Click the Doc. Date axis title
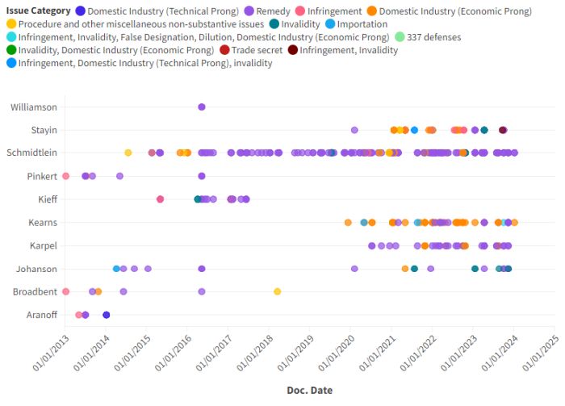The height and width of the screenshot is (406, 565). tap(309, 390)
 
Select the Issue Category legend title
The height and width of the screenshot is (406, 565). tap(36, 11)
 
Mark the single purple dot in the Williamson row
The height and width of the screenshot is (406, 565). tap(202, 107)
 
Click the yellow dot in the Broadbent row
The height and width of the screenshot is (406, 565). tap(277, 291)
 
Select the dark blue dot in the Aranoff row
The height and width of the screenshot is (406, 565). tap(106, 315)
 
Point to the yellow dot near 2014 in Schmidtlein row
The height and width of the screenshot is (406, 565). tap(128, 153)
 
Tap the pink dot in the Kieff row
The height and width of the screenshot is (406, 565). tap(160, 199)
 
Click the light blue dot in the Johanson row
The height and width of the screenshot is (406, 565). tap(117, 269)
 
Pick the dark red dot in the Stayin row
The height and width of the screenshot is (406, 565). tap(503, 130)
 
